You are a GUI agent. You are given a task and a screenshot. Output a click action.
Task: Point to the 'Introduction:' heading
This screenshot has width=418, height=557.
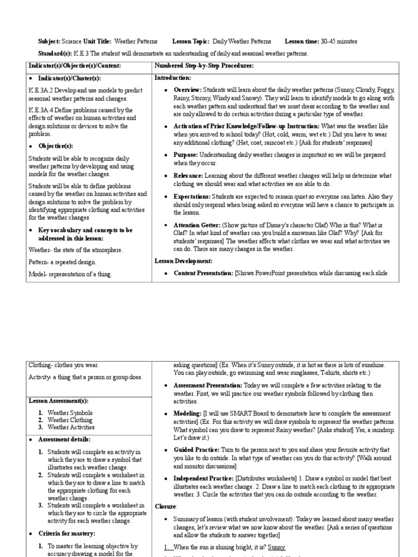[x=173, y=78]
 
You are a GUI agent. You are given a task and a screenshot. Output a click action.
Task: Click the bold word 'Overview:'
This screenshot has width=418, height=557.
[x=187, y=90]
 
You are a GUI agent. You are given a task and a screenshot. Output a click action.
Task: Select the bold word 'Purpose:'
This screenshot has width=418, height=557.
[x=186, y=155]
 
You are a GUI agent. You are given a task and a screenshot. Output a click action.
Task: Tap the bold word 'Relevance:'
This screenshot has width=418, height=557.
[x=188, y=176]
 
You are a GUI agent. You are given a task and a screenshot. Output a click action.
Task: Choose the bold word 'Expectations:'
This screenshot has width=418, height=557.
[x=192, y=196]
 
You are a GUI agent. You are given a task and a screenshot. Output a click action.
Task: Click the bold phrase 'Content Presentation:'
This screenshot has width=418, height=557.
[x=203, y=273]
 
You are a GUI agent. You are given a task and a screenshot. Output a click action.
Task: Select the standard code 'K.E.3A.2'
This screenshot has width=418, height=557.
[x=41, y=90]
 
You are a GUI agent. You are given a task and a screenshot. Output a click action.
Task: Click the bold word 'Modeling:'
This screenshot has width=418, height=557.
[x=187, y=414]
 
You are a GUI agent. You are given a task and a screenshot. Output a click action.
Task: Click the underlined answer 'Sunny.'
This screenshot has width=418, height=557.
[x=275, y=547]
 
